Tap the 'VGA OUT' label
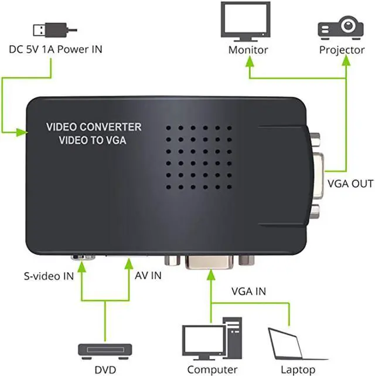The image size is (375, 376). pyautogui.click(x=350, y=184)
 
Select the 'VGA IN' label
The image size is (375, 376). pyautogui.click(x=249, y=291)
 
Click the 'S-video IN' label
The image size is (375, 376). pyautogui.click(x=49, y=275)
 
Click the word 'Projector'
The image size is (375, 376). pyautogui.click(x=342, y=50)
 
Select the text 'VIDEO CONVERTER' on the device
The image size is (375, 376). pyautogui.click(x=93, y=127)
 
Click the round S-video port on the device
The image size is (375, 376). pyautogui.click(x=83, y=258)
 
